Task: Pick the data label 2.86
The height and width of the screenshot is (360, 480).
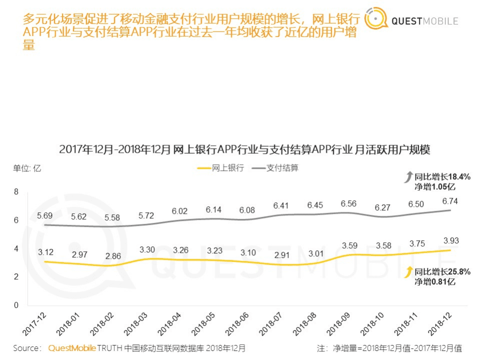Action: (x=113, y=256)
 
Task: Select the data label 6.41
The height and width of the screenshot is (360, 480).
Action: (x=282, y=205)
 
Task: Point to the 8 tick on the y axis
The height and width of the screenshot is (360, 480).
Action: (x=17, y=192)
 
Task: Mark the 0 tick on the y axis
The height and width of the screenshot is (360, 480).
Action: (x=17, y=305)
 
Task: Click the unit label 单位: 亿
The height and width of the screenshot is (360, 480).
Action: (x=27, y=168)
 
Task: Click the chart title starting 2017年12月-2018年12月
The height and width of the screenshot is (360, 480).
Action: (x=245, y=149)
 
